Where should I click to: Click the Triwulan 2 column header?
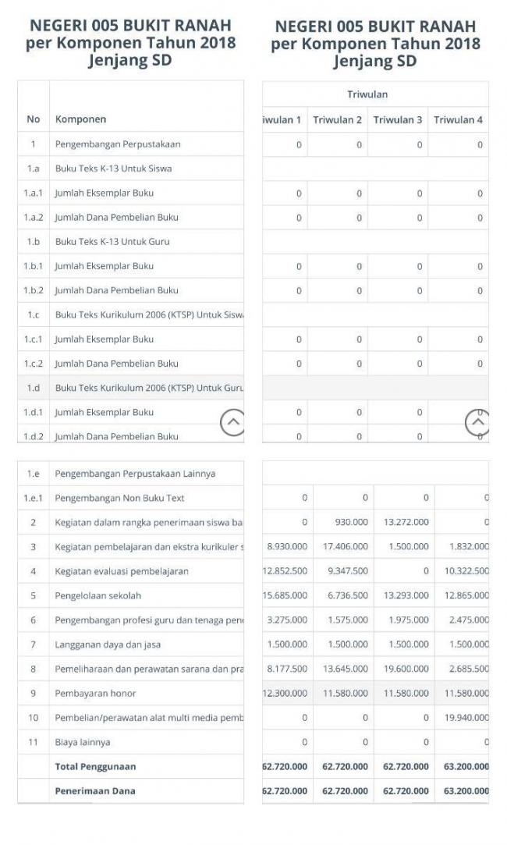tap(337, 119)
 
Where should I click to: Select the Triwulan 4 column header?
tap(459, 119)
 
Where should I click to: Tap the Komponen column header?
tap(80, 119)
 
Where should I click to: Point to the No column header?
tap(33, 119)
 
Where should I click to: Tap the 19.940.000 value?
tap(466, 718)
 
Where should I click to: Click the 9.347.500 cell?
tap(346, 571)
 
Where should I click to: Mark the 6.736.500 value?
tap(346, 595)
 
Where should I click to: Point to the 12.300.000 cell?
tap(285, 693)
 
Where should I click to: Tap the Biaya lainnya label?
tap(82, 742)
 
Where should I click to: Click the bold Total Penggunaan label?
tap(94, 766)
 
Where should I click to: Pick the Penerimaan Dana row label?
tap(94, 790)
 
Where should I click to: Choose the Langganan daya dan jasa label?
tap(108, 644)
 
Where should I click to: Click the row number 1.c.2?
tap(33, 364)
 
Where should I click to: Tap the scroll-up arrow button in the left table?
tap(232, 423)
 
